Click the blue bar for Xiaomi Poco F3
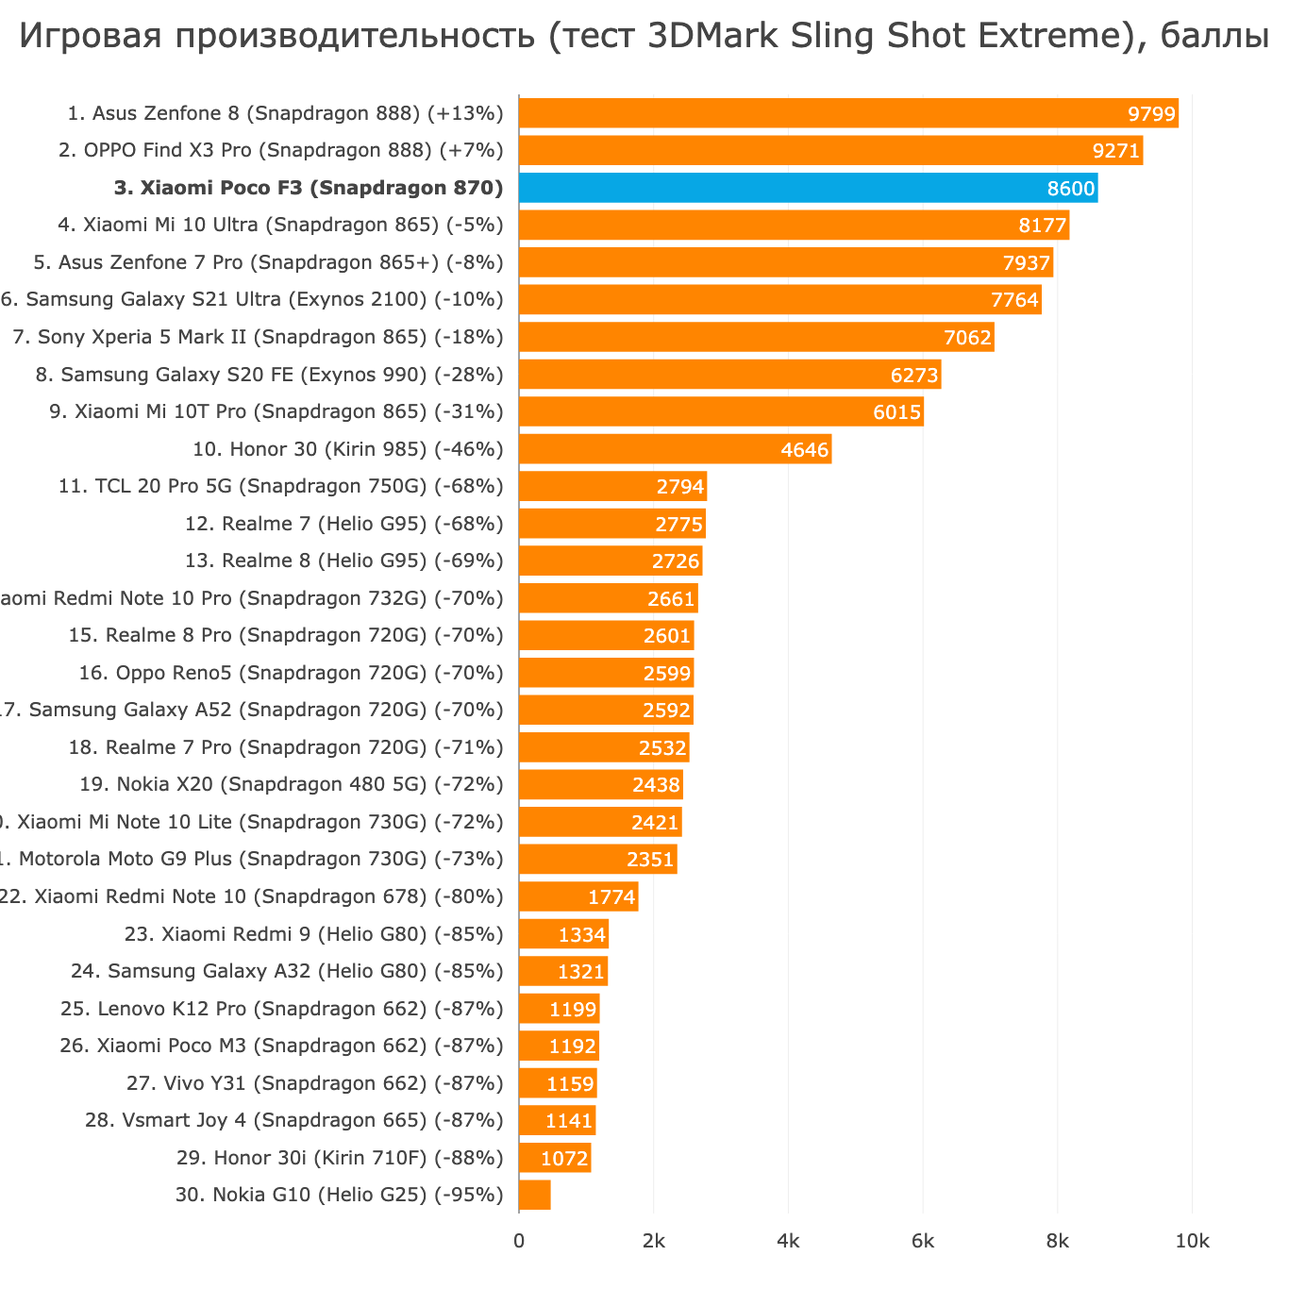coord(808,188)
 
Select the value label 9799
coord(1152,114)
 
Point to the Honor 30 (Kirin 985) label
coord(347,449)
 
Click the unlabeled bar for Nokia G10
coord(535,1195)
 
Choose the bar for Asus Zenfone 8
coord(848,113)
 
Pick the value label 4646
coord(805,450)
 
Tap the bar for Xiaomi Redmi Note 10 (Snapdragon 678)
coord(578,896)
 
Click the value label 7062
coord(967,338)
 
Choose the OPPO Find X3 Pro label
coord(281,151)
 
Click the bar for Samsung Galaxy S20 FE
coord(729,375)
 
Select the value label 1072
coord(564,1158)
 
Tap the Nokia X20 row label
coord(292,784)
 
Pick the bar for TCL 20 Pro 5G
coord(612,487)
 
